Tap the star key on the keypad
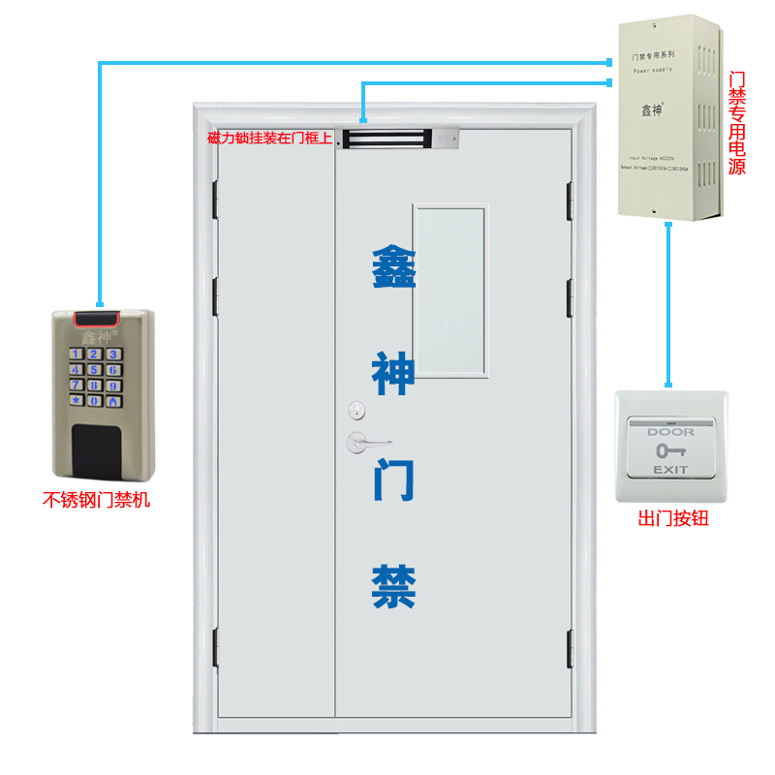[x=76, y=400]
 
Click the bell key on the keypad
[x=113, y=400]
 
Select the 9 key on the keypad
[x=113, y=385]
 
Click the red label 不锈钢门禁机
[x=97, y=501]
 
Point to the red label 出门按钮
[x=673, y=519]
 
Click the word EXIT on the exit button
[x=670, y=470]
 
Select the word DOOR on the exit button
[x=670, y=432]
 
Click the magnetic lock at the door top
[x=397, y=139]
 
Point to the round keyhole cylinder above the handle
[x=356, y=410]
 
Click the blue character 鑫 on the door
[x=394, y=266]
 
